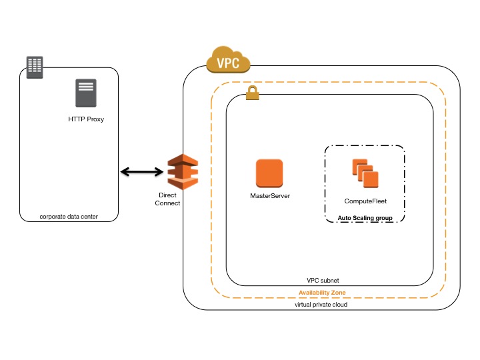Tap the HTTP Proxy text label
[86, 119]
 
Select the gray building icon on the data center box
[35, 67]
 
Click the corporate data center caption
[69, 216]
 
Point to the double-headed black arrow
[143, 172]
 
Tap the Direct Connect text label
[167, 199]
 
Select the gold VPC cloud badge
[228, 61]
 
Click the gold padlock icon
[252, 94]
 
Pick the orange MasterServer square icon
[269, 173]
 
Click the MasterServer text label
[270, 196]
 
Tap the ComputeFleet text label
[365, 201]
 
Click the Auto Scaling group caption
[365, 217]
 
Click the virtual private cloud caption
[321, 304]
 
